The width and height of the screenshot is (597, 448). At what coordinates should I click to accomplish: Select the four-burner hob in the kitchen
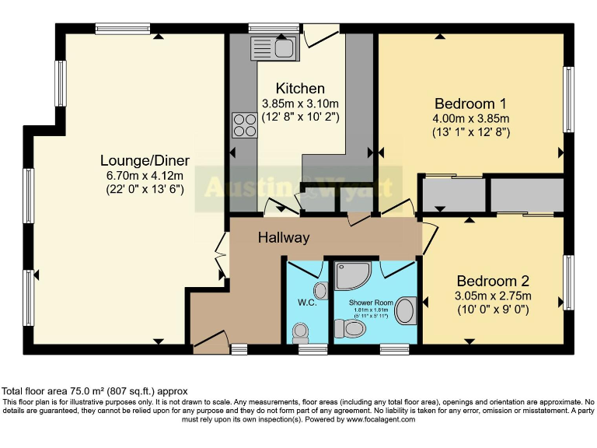pos(244,124)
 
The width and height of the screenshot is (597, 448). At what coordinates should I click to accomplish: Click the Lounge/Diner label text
pos(145,161)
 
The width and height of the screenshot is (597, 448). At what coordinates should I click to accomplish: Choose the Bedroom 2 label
pos(493,281)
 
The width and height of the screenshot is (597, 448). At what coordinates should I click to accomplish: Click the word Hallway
pos(284,238)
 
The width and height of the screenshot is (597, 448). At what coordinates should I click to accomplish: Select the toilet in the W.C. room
pos(300,333)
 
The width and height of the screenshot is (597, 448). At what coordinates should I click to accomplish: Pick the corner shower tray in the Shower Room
pos(351,275)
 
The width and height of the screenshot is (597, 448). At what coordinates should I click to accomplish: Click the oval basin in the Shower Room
pos(406,311)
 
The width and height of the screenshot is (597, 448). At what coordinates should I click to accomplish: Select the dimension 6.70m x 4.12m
pos(145,176)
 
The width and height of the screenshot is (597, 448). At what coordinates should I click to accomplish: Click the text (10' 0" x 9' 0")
pos(493,310)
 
